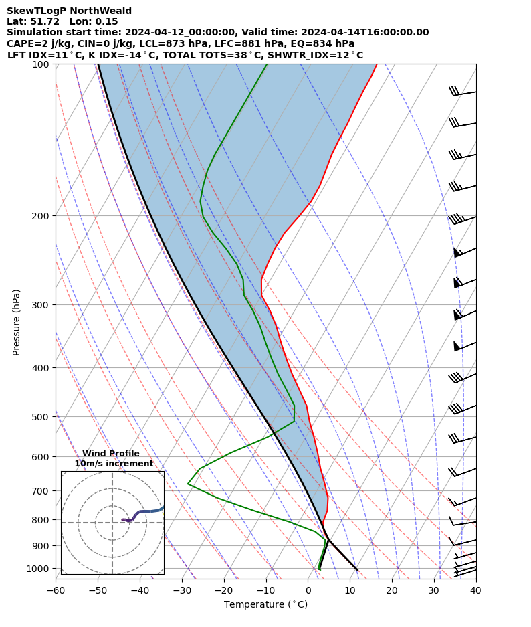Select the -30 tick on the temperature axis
click(x=182, y=590)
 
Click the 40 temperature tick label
click(x=475, y=590)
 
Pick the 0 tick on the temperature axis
click(x=308, y=590)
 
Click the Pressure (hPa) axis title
click(x=17, y=322)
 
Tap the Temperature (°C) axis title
click(x=265, y=605)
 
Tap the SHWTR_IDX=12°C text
click(x=316, y=55)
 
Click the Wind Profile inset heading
click(x=111, y=454)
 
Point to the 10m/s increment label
click(x=114, y=464)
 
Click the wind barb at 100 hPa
click(x=463, y=92)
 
